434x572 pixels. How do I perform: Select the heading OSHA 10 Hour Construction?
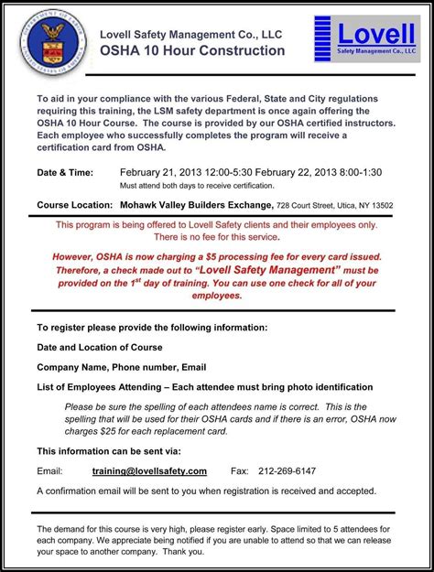tap(192, 50)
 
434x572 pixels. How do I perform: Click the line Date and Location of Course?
tap(99, 347)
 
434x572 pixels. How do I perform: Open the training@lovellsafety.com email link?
tap(149, 471)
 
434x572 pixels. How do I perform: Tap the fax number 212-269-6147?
tap(288, 471)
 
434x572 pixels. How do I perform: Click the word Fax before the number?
tap(239, 471)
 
